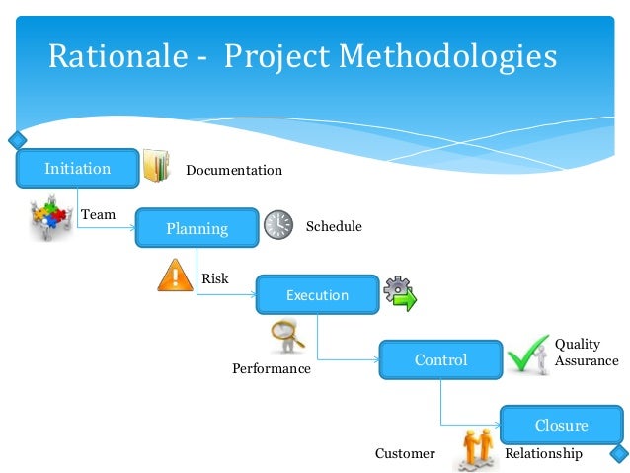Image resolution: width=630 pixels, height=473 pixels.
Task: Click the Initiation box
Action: pos(77,169)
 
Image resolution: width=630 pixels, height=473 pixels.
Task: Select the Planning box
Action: pos(197,229)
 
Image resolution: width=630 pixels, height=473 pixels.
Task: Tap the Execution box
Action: pos(317,295)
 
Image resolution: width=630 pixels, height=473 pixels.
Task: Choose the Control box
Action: pos(440,360)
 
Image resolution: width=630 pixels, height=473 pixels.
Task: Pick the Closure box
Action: pos(561,426)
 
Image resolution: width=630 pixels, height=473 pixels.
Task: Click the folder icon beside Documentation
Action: pos(156,167)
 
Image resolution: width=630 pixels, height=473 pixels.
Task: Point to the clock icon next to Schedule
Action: pos(278,225)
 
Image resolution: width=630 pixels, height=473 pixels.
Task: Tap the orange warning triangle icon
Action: pos(176,274)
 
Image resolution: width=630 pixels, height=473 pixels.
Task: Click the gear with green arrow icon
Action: pos(400,293)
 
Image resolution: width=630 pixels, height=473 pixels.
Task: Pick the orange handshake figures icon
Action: pos(475,450)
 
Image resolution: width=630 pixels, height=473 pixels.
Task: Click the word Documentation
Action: pos(234,171)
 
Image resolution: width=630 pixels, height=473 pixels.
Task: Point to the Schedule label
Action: pos(334,227)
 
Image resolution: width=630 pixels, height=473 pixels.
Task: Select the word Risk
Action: pos(215,279)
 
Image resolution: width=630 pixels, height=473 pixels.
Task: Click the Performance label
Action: pos(272,369)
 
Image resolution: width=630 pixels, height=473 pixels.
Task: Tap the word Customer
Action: pos(405,454)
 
